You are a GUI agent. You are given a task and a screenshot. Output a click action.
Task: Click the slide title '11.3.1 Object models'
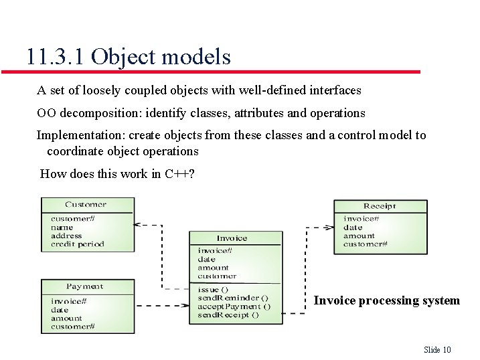(129, 57)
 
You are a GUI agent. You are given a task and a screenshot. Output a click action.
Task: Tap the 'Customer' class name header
(86, 205)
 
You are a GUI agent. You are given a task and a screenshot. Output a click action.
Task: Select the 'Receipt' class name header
(380, 206)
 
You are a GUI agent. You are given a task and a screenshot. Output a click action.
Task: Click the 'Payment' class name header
(84, 286)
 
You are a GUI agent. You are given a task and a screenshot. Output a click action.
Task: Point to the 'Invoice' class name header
(232, 238)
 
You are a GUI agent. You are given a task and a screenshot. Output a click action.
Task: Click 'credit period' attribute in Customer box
(78, 244)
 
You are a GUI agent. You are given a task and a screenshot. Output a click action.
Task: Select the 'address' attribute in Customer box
(66, 236)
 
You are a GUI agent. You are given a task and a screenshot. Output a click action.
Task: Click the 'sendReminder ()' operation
(233, 298)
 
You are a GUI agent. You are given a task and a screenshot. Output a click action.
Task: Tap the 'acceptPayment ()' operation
(234, 306)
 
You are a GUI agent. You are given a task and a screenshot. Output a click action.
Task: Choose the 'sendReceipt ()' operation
(228, 314)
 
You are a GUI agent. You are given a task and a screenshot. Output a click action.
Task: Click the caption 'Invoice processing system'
(386, 300)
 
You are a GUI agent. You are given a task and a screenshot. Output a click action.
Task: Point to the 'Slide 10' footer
(438, 349)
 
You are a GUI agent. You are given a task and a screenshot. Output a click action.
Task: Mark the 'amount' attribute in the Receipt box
(359, 236)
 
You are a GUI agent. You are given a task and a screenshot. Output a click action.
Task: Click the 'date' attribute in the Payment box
(60, 310)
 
